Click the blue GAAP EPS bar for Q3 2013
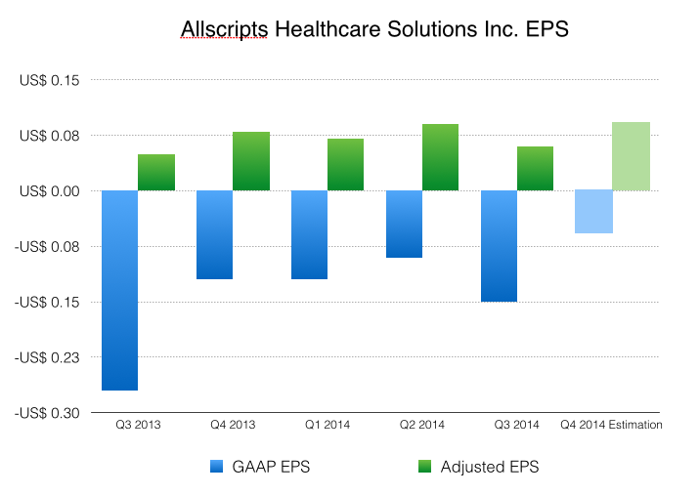[x=119, y=290]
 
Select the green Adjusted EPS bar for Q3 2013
[x=156, y=173]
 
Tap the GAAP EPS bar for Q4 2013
[x=214, y=234]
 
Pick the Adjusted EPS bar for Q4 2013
[x=251, y=161]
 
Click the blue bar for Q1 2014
[x=309, y=234]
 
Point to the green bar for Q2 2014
[x=440, y=157]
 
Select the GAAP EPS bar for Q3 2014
[x=499, y=246]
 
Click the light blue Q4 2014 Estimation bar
[x=593, y=212]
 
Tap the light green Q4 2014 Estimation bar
[x=631, y=156]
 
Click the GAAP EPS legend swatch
[x=217, y=467]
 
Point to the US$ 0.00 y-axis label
[x=49, y=190]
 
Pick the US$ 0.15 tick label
[x=49, y=80]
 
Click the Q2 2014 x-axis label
[x=422, y=425]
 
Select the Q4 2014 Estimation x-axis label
[x=611, y=425]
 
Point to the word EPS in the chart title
[x=543, y=31]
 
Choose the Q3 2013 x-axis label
[x=138, y=425]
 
